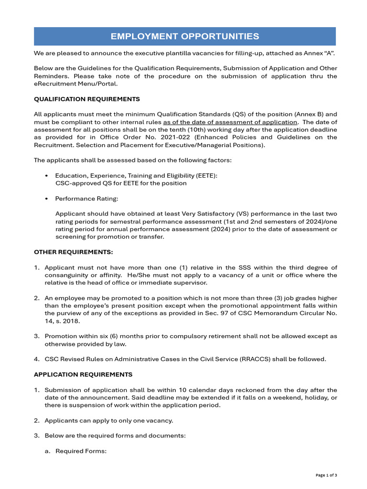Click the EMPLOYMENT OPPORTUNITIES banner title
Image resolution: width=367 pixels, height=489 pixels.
click(x=185, y=36)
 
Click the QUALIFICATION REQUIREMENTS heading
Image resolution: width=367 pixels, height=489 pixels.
click(x=87, y=99)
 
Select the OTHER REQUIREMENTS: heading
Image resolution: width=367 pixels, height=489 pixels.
click(x=74, y=252)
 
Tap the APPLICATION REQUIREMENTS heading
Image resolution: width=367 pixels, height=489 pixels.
click(x=83, y=374)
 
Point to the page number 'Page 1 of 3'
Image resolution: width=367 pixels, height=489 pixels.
click(x=326, y=475)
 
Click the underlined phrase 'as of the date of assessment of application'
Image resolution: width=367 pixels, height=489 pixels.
click(x=230, y=122)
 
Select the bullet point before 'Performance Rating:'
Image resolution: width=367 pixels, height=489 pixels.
click(x=46, y=198)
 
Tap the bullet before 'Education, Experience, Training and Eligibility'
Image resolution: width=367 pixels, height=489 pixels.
click(x=46, y=176)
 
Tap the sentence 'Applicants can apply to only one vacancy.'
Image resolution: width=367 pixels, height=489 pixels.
click(x=108, y=420)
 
